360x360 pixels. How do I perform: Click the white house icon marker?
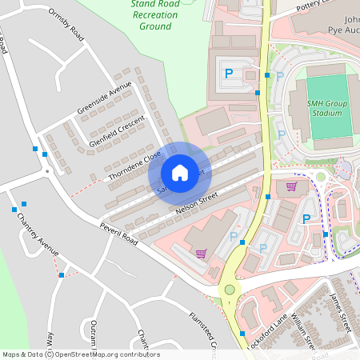coord(180,173)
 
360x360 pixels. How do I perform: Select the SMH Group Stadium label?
coord(328,108)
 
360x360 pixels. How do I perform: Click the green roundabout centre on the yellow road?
coord(230,290)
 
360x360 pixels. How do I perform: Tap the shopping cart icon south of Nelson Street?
coord(201,253)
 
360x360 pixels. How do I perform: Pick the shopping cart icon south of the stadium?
coord(292,187)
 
